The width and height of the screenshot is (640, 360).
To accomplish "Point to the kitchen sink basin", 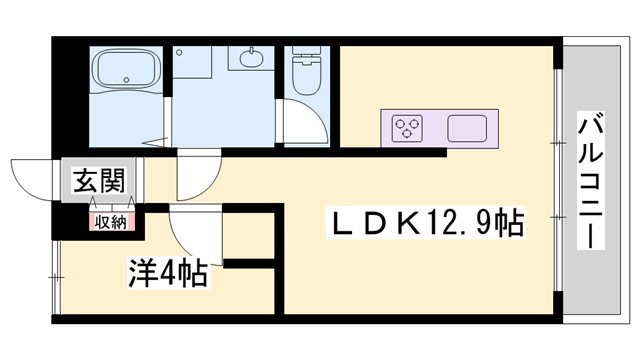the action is tap(466, 128).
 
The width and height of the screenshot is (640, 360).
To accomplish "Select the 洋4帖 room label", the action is tap(167, 273).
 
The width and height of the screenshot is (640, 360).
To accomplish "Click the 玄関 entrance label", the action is tap(98, 182).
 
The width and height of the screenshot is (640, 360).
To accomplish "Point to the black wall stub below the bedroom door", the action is tap(250, 264).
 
